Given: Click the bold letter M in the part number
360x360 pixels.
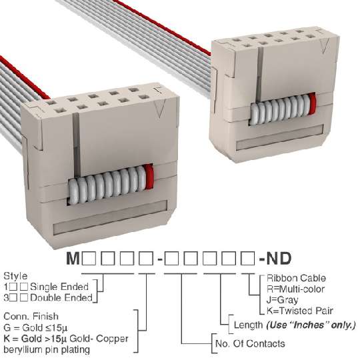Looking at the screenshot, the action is pos(73,258).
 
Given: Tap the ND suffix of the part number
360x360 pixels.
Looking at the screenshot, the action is pos(279,258).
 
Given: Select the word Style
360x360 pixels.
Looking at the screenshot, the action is pos(15,276).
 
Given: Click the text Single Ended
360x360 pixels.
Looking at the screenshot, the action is pos(59,287).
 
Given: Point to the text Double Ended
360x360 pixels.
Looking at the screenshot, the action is pos(61,298).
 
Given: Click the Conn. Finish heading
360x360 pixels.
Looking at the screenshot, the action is pos(31,317).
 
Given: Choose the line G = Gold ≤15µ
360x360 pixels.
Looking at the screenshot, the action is pos(35,327).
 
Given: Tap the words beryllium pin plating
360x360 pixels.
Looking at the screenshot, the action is pos(47,350).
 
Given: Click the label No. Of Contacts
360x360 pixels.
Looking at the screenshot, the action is pos(250,344).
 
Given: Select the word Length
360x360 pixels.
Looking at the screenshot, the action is pos(248,325).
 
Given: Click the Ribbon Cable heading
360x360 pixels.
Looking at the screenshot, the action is pos(296,278).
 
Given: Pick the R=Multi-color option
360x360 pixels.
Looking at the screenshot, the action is pos(296,289).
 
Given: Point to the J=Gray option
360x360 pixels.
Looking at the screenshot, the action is pos(283,300).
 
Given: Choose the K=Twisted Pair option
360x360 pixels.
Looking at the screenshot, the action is pos(300,311).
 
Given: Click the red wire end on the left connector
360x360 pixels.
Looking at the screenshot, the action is pos(149,177).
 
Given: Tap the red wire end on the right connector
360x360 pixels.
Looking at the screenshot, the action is pos(312,103).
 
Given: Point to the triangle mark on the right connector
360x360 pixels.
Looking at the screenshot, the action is pos(325,46).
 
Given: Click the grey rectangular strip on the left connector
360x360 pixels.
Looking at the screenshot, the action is pos(110,217).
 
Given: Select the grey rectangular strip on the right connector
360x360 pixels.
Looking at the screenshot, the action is pos(280,137).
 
